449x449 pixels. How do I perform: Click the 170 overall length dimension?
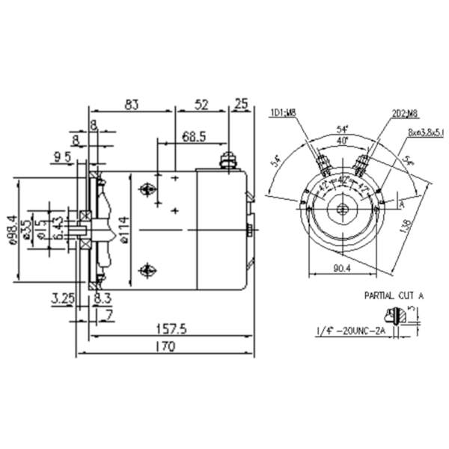[x=165, y=347]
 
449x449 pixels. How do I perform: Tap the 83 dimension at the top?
[x=132, y=106]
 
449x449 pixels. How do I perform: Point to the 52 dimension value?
[x=201, y=106]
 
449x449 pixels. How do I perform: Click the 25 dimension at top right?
[x=242, y=106]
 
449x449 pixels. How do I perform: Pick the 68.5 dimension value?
[x=193, y=137]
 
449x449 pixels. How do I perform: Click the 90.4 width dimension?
[x=343, y=268]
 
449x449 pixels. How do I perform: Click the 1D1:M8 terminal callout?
[x=284, y=113]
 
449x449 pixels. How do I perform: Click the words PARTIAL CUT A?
[x=394, y=296]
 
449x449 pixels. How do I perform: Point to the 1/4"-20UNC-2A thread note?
[x=349, y=330]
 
